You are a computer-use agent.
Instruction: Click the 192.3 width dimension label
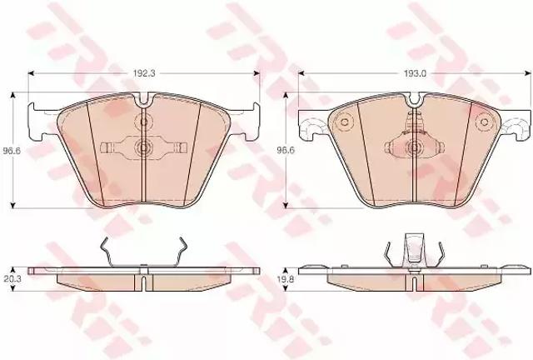(x=144, y=73)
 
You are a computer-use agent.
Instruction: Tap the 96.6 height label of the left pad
(x=12, y=150)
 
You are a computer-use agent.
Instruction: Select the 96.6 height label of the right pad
(x=286, y=150)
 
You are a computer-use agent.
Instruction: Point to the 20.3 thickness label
(x=12, y=279)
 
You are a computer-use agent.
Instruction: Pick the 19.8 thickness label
(x=286, y=279)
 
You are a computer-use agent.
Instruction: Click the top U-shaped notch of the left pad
(x=144, y=98)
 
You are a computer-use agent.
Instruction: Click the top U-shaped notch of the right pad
(x=414, y=98)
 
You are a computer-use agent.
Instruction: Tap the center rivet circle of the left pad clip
(x=144, y=147)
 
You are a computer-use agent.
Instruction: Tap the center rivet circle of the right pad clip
(x=414, y=147)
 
